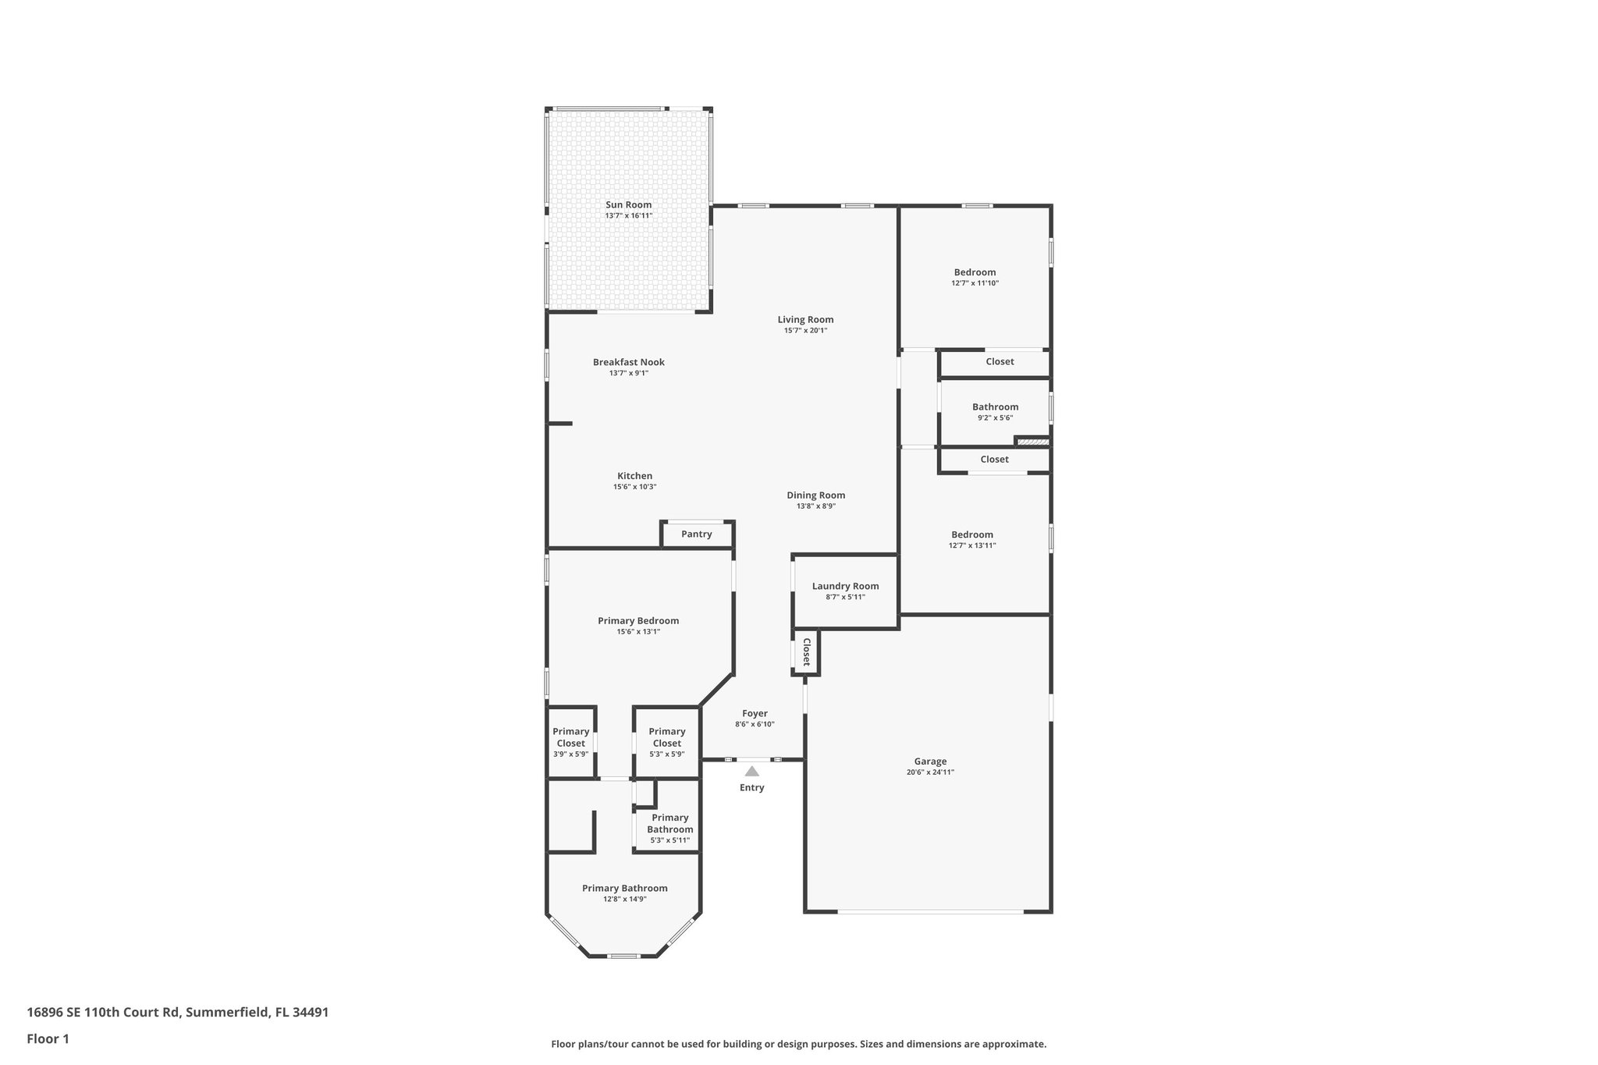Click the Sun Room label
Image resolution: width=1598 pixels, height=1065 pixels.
(x=628, y=204)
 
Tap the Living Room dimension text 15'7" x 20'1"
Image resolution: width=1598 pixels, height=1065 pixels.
(x=805, y=331)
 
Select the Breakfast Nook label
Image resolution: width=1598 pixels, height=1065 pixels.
(x=628, y=362)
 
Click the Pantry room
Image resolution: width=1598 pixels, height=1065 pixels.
(x=696, y=534)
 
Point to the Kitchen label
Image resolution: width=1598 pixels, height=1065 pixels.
(x=634, y=476)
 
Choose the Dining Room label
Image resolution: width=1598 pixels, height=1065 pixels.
(x=815, y=495)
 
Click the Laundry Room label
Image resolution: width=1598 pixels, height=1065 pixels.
(x=845, y=587)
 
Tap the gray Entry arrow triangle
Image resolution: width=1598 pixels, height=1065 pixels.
(x=751, y=771)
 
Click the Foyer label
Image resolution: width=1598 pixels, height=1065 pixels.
(x=755, y=713)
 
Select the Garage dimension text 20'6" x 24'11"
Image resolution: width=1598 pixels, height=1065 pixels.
(x=930, y=772)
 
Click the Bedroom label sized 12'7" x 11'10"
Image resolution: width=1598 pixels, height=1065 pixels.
(x=975, y=272)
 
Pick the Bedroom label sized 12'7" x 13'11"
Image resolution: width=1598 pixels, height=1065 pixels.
(x=972, y=535)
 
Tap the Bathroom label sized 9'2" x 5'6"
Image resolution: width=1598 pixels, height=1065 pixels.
(x=995, y=407)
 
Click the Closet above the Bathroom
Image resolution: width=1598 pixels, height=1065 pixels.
(x=1000, y=362)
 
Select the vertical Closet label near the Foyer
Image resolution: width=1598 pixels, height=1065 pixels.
(x=807, y=651)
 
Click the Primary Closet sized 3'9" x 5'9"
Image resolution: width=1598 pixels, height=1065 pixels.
(x=570, y=737)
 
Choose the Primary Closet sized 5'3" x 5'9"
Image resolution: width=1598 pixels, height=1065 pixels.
(x=666, y=737)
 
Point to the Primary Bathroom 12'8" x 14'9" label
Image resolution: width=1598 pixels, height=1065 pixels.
(x=624, y=888)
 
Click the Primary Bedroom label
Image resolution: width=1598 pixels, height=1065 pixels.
(x=638, y=621)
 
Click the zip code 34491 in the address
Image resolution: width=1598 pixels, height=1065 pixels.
(x=311, y=1013)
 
